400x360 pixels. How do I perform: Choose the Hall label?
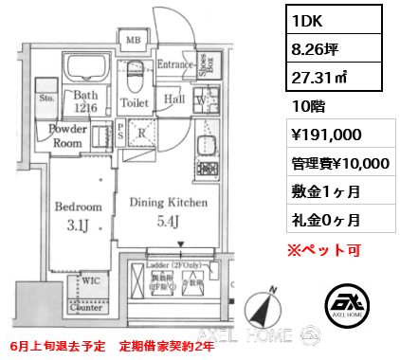[x=174, y=98]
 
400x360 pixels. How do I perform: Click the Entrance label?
[x=176, y=64]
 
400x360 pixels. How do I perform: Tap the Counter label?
[x=86, y=308]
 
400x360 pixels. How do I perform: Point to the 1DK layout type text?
[x=310, y=18]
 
